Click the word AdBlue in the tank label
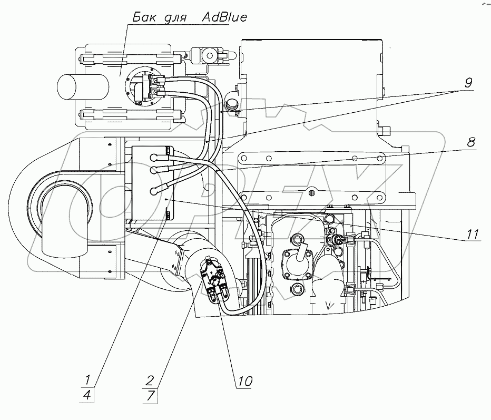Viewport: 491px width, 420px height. (x=225, y=18)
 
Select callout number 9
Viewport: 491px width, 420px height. (x=469, y=82)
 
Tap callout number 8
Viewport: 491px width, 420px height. (x=472, y=142)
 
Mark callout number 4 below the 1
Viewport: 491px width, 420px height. (x=89, y=395)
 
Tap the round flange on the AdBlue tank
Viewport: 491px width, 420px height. (x=143, y=86)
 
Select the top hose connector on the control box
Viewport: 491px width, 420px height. (x=154, y=156)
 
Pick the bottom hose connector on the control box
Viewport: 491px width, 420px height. (x=155, y=191)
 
